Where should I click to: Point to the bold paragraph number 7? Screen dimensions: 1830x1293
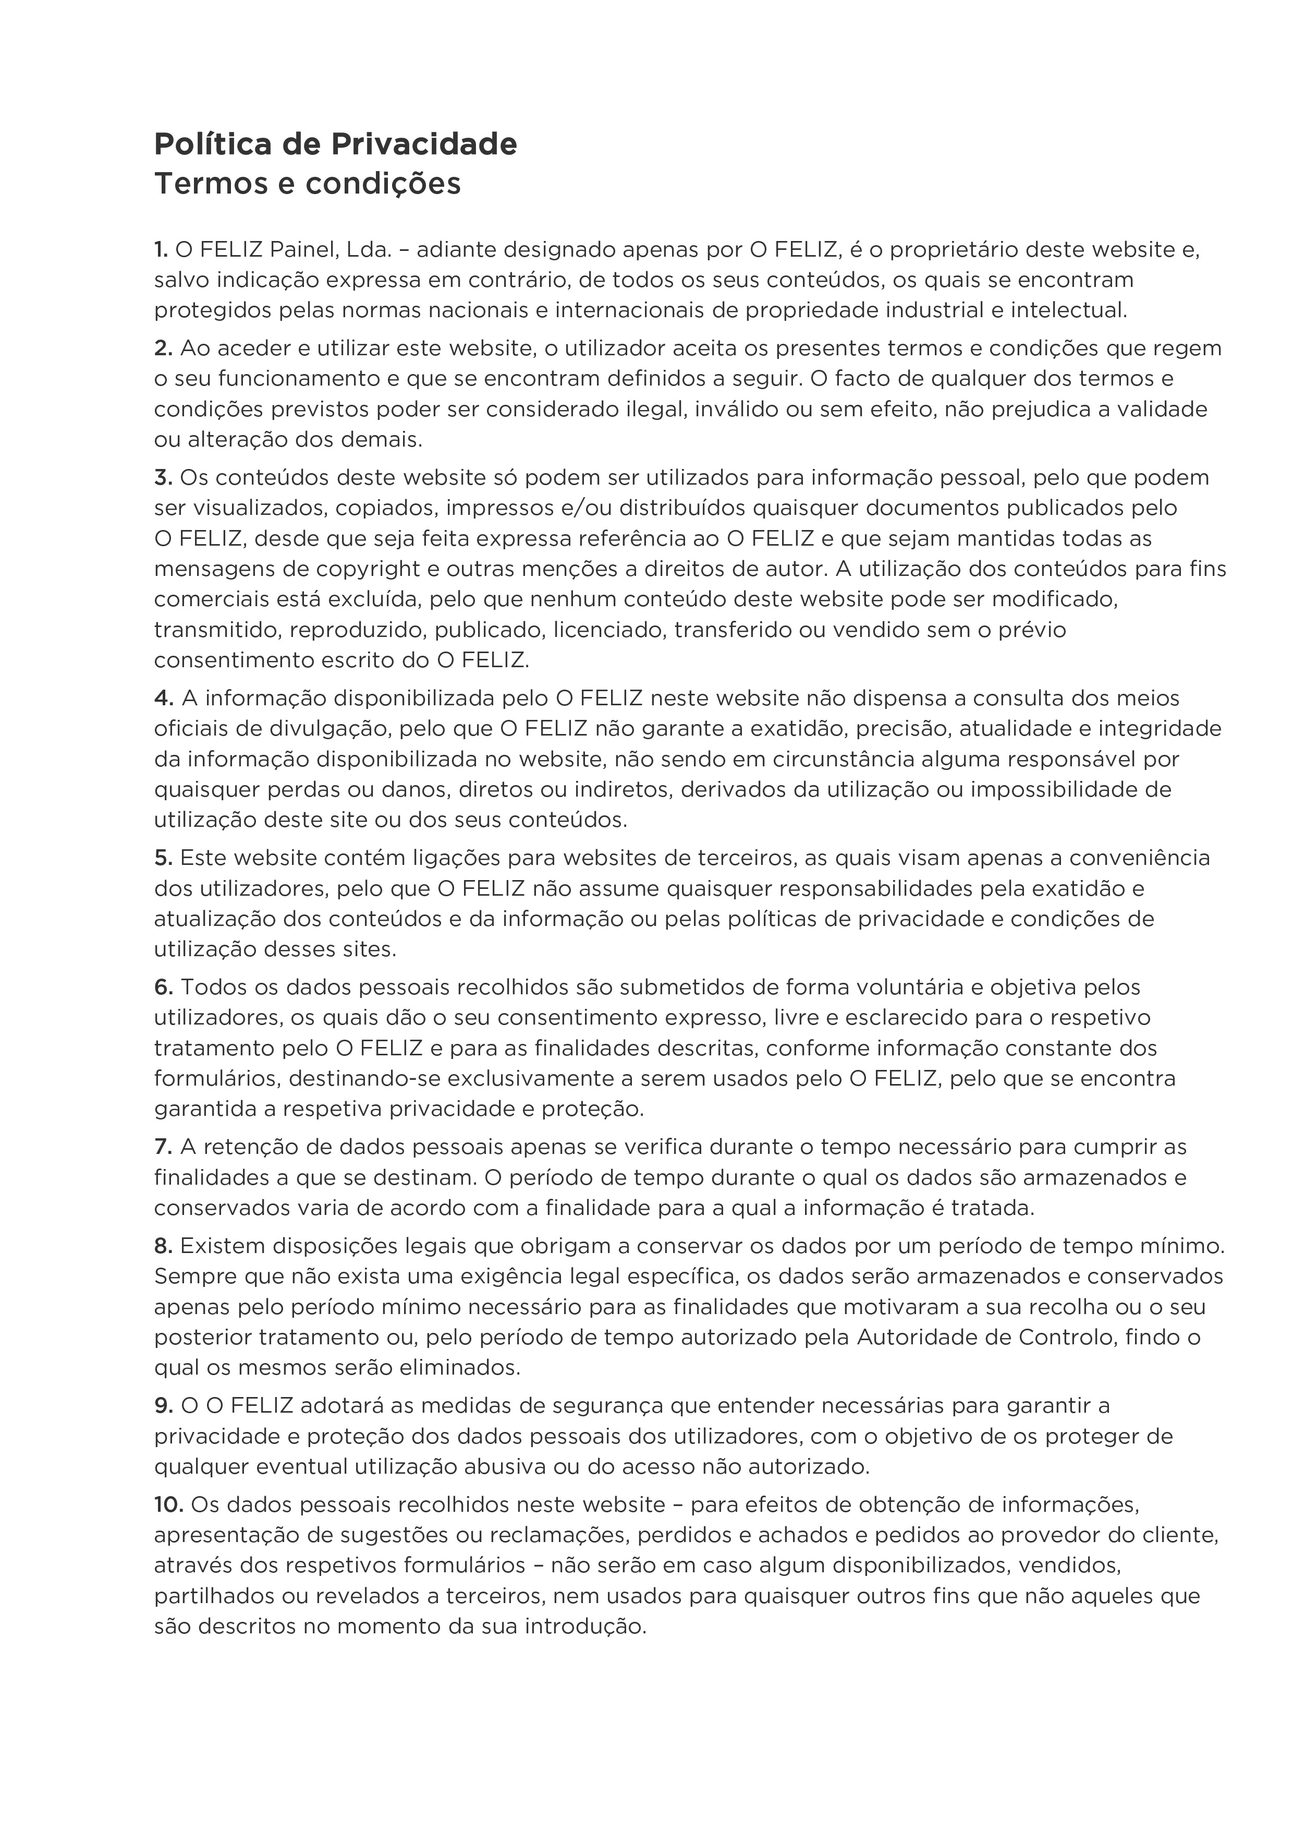coord(163,1147)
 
